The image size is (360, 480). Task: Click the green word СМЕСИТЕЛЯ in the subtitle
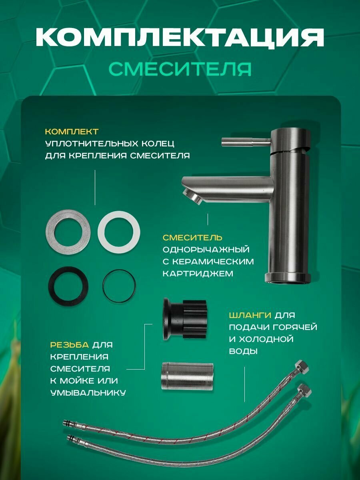180,69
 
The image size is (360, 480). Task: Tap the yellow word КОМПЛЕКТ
72,132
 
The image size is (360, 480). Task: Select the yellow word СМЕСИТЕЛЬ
192,238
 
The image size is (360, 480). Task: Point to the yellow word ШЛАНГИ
250,315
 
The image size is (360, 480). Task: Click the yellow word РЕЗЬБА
70,345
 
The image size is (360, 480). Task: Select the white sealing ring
119,232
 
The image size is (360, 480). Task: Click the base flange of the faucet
288,278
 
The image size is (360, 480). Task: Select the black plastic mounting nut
184,319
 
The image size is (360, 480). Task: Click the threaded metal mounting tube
187,376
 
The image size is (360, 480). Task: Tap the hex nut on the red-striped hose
302,366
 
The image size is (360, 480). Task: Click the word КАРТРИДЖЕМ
198,274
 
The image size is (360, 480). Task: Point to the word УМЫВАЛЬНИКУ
88,393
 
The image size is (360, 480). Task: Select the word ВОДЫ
243,351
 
